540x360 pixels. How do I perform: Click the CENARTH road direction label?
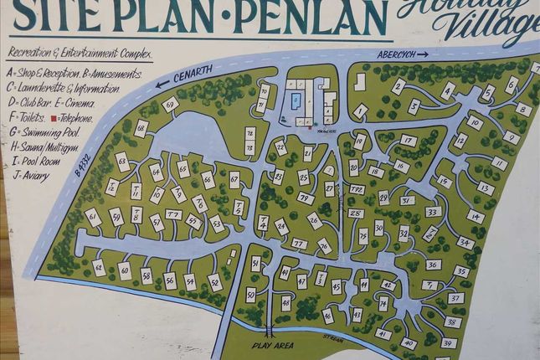click(195, 75)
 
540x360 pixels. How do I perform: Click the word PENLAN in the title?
click(311, 17)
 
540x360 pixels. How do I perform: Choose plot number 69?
click(171, 105)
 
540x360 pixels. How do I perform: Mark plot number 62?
click(99, 268)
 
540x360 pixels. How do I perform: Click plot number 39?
click(449, 343)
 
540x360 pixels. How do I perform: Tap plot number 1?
click(361, 110)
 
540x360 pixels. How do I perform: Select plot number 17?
click(408, 141)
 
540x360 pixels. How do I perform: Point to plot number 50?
click(250, 294)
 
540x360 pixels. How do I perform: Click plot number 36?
click(433, 265)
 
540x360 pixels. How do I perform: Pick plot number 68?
click(141, 128)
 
